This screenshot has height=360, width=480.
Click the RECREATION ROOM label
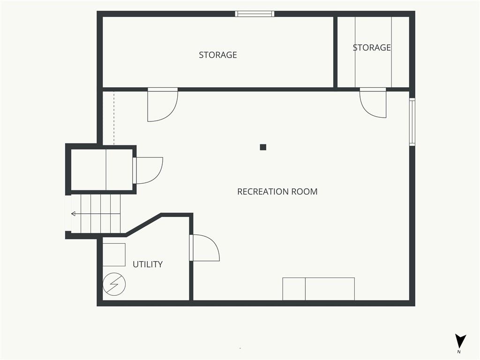pos(277,192)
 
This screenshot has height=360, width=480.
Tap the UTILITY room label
pos(148,264)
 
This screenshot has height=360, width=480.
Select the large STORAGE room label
pos(218,55)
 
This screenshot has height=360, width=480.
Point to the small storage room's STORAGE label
pos(372,47)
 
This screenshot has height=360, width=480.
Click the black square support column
pos(263,147)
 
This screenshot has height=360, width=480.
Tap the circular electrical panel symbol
pos(114,284)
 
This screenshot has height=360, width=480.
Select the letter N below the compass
pos(459,352)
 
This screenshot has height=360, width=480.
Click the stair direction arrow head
pos(74,214)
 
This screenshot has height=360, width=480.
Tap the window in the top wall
pos(255,14)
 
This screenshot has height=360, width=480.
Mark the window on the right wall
pos(412,122)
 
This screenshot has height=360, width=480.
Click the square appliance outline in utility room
pos(114,255)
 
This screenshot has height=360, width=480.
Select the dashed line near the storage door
pos(114,118)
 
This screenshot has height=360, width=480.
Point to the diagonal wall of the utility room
pos(143,225)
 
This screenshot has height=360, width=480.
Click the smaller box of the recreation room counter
pos(294,289)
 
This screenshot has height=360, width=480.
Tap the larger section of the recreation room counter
pos(330,289)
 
